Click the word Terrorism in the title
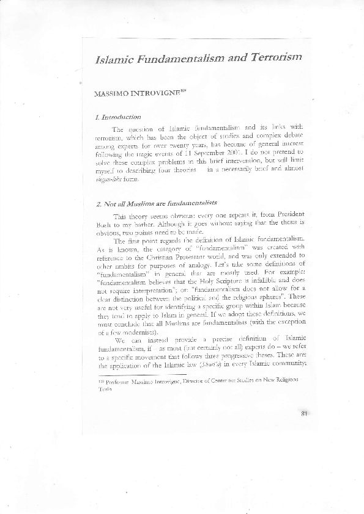pos(270,58)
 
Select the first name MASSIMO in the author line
pos(110,95)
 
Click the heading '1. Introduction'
pos(119,116)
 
